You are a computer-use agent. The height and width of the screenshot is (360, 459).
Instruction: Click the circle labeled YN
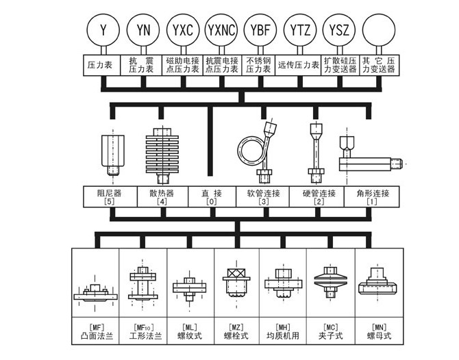point(143,29)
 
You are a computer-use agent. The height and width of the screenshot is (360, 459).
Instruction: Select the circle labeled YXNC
point(222,29)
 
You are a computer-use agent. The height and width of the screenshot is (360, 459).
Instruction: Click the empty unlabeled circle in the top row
point(379,29)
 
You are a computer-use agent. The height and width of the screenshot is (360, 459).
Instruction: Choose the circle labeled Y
point(103,29)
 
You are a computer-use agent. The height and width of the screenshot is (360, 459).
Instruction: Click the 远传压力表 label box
point(299,65)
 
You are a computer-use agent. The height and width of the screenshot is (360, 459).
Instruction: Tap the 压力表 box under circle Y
point(103,65)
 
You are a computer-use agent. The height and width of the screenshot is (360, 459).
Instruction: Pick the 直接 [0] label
point(212,197)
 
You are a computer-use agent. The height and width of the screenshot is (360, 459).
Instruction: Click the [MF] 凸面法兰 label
point(95,331)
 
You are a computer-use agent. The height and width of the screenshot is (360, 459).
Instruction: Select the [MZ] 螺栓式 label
point(236,331)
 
